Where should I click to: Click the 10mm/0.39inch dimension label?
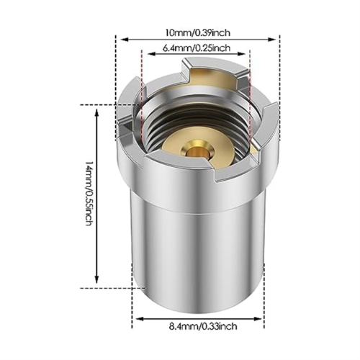pos(197,32)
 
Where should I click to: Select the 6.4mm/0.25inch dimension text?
pos(197,48)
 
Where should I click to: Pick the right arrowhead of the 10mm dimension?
pos(271,40)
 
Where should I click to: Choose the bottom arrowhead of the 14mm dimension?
pos(97,279)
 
